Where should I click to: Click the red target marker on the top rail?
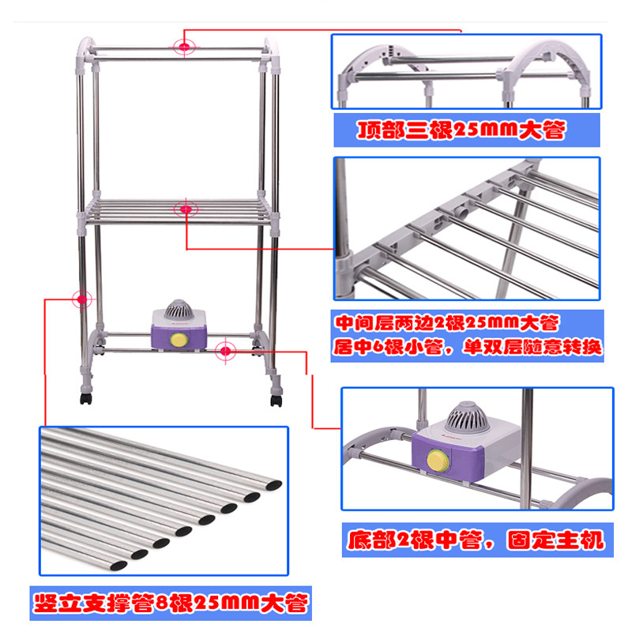coord(185,47)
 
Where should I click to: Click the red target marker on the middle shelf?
coord(186,209)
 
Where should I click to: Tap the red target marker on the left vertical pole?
coord(82,299)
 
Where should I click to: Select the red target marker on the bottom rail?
coord(226,351)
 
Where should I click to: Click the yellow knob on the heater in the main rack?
coord(179,340)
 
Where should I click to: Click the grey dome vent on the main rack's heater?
coord(179,310)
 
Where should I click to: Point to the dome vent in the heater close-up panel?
coord(467,418)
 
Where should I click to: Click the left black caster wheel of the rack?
coord(86,398)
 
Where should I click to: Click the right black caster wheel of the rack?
coord(276,401)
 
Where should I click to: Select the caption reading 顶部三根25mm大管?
coord(462,130)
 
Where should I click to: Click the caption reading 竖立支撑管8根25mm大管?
coord(171,604)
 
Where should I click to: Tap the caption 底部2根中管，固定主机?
coord(476,540)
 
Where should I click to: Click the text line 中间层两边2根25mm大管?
coord(447,322)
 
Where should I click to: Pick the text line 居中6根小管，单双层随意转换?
coord(468,346)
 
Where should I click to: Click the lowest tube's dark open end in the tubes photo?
coord(118,566)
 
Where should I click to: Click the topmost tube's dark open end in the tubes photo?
coord(273,485)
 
